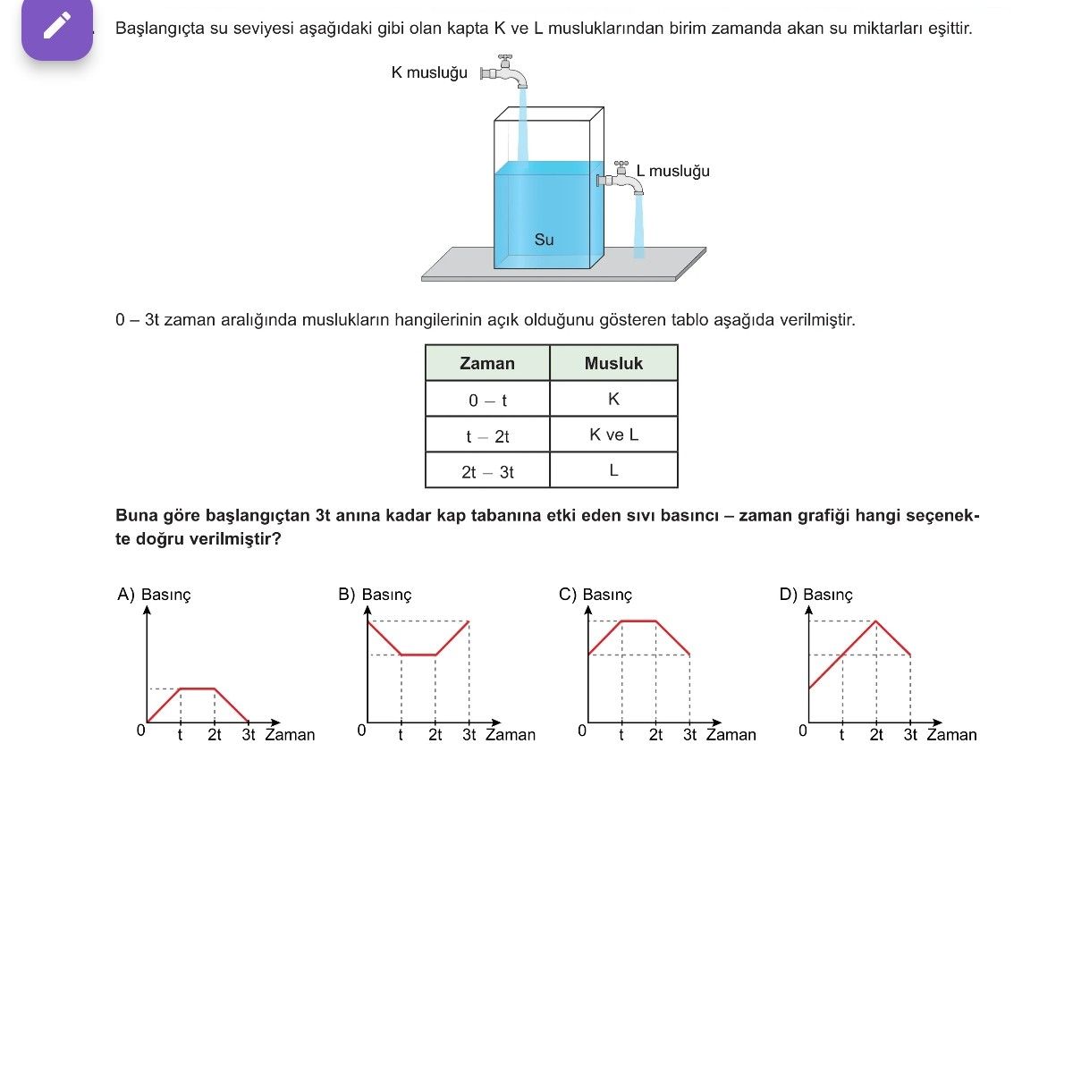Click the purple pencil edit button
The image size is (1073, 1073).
pos(57,27)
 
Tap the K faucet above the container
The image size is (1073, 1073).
pos(504,72)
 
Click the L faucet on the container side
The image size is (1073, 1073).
pos(621,178)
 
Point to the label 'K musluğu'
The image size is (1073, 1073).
pos(429,72)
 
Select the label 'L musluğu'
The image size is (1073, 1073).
pos(672,171)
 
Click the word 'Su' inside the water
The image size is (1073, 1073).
pos(544,240)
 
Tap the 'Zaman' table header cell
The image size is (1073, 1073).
pos(487,363)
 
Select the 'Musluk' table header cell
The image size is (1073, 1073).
pos(613,363)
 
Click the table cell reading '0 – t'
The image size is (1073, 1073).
pos(487,399)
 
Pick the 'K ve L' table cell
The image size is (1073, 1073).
pos(613,435)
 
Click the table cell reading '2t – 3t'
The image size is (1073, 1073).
pos(487,471)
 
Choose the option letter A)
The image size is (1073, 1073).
pos(126,594)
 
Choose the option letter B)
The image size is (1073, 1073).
pos(346,594)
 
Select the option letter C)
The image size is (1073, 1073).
pos(568,594)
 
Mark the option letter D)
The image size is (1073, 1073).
pos(788,594)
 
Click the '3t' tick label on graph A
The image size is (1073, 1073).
pos(249,734)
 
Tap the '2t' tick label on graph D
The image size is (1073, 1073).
pos(876,734)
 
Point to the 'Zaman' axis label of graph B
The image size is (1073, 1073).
pos(510,734)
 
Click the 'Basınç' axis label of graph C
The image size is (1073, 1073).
pos(607,595)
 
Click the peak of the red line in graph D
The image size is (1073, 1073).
pos(876,621)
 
